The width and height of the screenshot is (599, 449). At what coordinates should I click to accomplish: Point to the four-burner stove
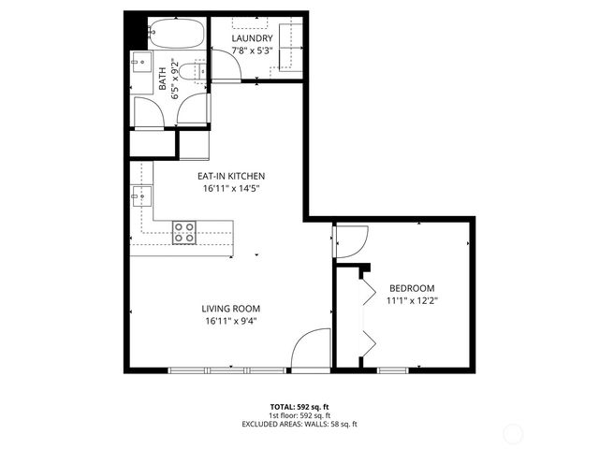(x=184, y=231)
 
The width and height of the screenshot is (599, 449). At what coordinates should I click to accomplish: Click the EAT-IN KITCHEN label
(x=230, y=176)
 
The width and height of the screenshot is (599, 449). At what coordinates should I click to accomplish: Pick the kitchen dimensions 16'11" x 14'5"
(x=230, y=188)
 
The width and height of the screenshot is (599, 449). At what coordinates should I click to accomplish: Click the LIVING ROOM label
(x=230, y=309)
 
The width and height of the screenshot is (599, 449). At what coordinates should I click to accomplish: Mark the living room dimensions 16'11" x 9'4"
(x=230, y=321)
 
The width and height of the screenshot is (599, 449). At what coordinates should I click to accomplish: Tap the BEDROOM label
(x=412, y=288)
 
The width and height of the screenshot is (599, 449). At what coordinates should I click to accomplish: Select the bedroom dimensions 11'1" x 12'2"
(x=412, y=300)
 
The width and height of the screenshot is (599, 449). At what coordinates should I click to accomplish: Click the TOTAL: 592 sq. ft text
(x=299, y=407)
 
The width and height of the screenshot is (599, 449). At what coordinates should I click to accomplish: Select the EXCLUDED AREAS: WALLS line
(x=299, y=424)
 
